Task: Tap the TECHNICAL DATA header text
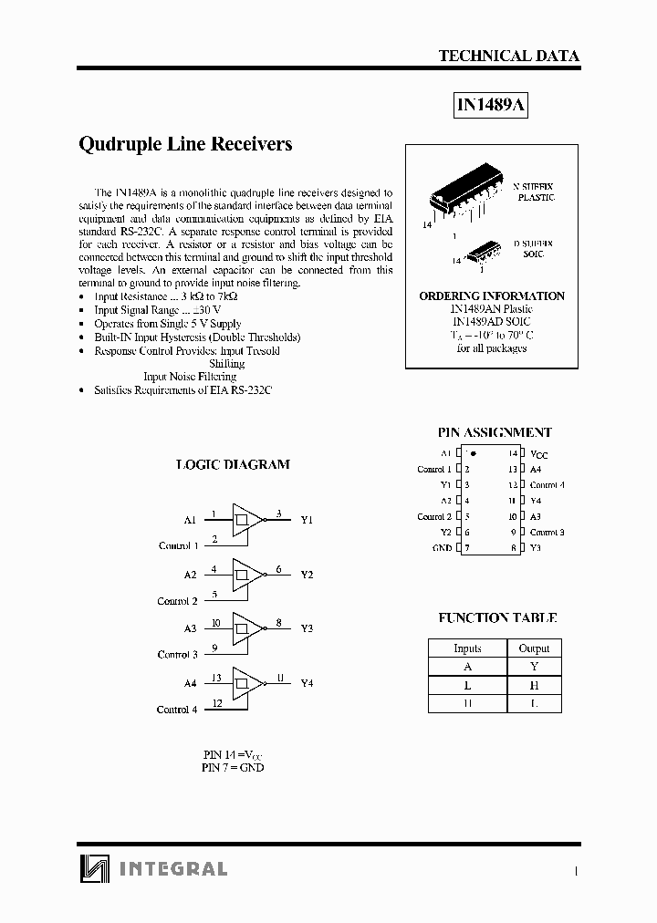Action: (x=508, y=56)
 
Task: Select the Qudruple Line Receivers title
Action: (x=186, y=144)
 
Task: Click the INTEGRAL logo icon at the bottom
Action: (x=93, y=868)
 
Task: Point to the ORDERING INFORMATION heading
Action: (x=492, y=296)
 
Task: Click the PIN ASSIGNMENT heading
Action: (x=495, y=433)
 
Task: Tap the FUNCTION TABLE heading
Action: (x=496, y=617)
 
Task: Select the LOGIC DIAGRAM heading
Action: (x=233, y=464)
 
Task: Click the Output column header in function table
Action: (x=534, y=648)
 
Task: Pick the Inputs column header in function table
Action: (x=467, y=648)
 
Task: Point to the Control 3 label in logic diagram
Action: (x=177, y=655)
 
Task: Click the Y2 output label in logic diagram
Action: (x=307, y=575)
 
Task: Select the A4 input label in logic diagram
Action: (x=190, y=683)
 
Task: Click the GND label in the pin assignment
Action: (x=442, y=548)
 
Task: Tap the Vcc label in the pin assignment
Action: (x=538, y=454)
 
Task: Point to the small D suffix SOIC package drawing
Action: (x=484, y=253)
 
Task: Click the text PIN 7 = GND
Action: (x=233, y=768)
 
